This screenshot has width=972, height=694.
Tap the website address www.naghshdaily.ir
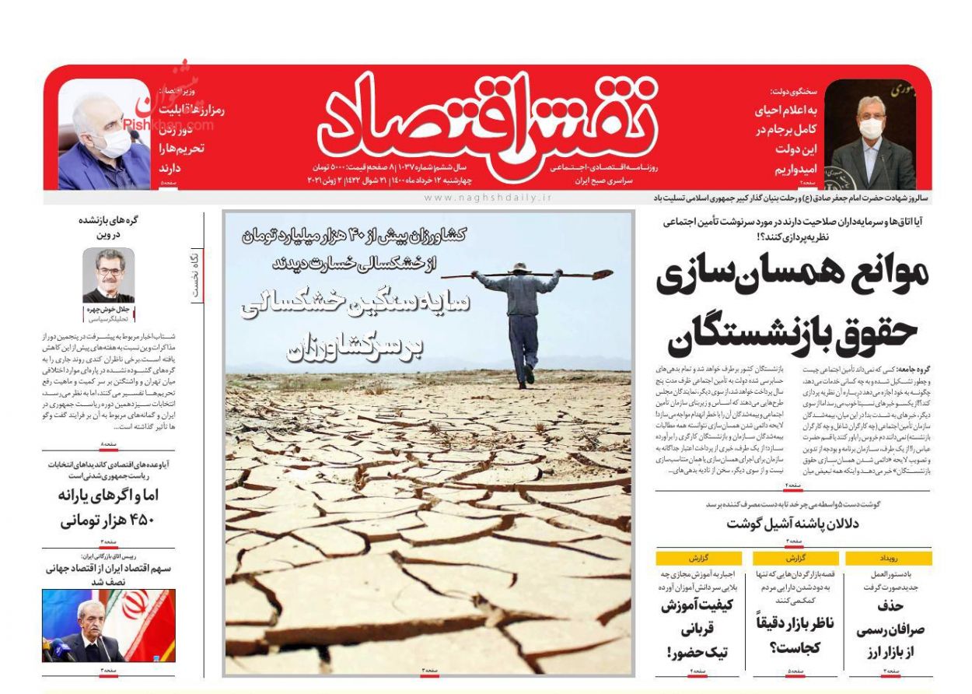click(x=487, y=198)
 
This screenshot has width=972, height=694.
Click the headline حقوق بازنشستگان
click(x=793, y=330)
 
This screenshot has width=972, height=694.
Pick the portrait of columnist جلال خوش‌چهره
click(x=108, y=275)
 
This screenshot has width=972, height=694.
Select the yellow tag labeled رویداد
click(x=888, y=559)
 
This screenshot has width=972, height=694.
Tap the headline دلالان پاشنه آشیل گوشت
click(x=792, y=524)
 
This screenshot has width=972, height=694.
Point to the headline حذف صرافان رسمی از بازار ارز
click(x=888, y=629)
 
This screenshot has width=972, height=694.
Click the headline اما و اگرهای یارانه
click(x=108, y=496)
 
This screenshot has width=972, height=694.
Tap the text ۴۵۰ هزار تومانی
click(x=108, y=520)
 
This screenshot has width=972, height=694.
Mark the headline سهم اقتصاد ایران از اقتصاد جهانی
click(x=108, y=574)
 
